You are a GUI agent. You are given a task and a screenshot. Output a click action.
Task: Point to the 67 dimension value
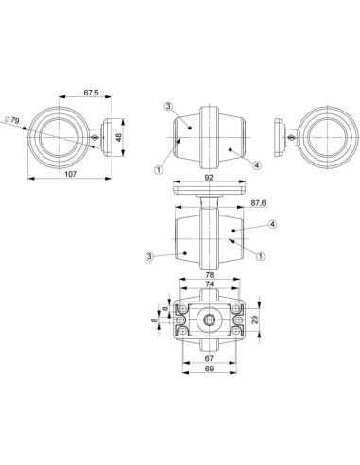(209, 361)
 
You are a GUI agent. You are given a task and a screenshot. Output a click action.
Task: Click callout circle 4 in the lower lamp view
(272, 224)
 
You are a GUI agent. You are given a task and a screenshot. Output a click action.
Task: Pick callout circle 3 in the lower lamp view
(150, 254)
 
